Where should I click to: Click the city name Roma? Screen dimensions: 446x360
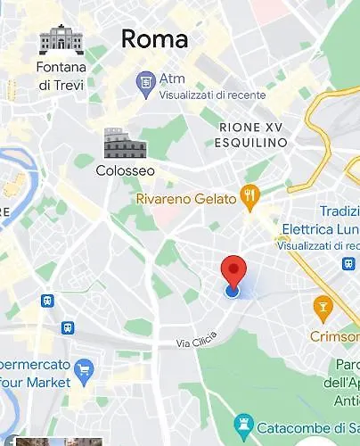[x=154, y=39]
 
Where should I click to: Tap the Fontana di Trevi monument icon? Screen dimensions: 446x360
[x=61, y=40]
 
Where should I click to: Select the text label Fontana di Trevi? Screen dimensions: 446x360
[x=61, y=75]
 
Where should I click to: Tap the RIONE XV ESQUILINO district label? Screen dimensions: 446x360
[x=252, y=135]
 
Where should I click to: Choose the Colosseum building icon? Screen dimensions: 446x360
[x=125, y=143]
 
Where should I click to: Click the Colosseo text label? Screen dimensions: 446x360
[x=125, y=170]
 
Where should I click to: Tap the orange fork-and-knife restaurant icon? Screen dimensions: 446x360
[x=252, y=196]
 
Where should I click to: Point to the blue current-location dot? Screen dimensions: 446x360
[x=233, y=290]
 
